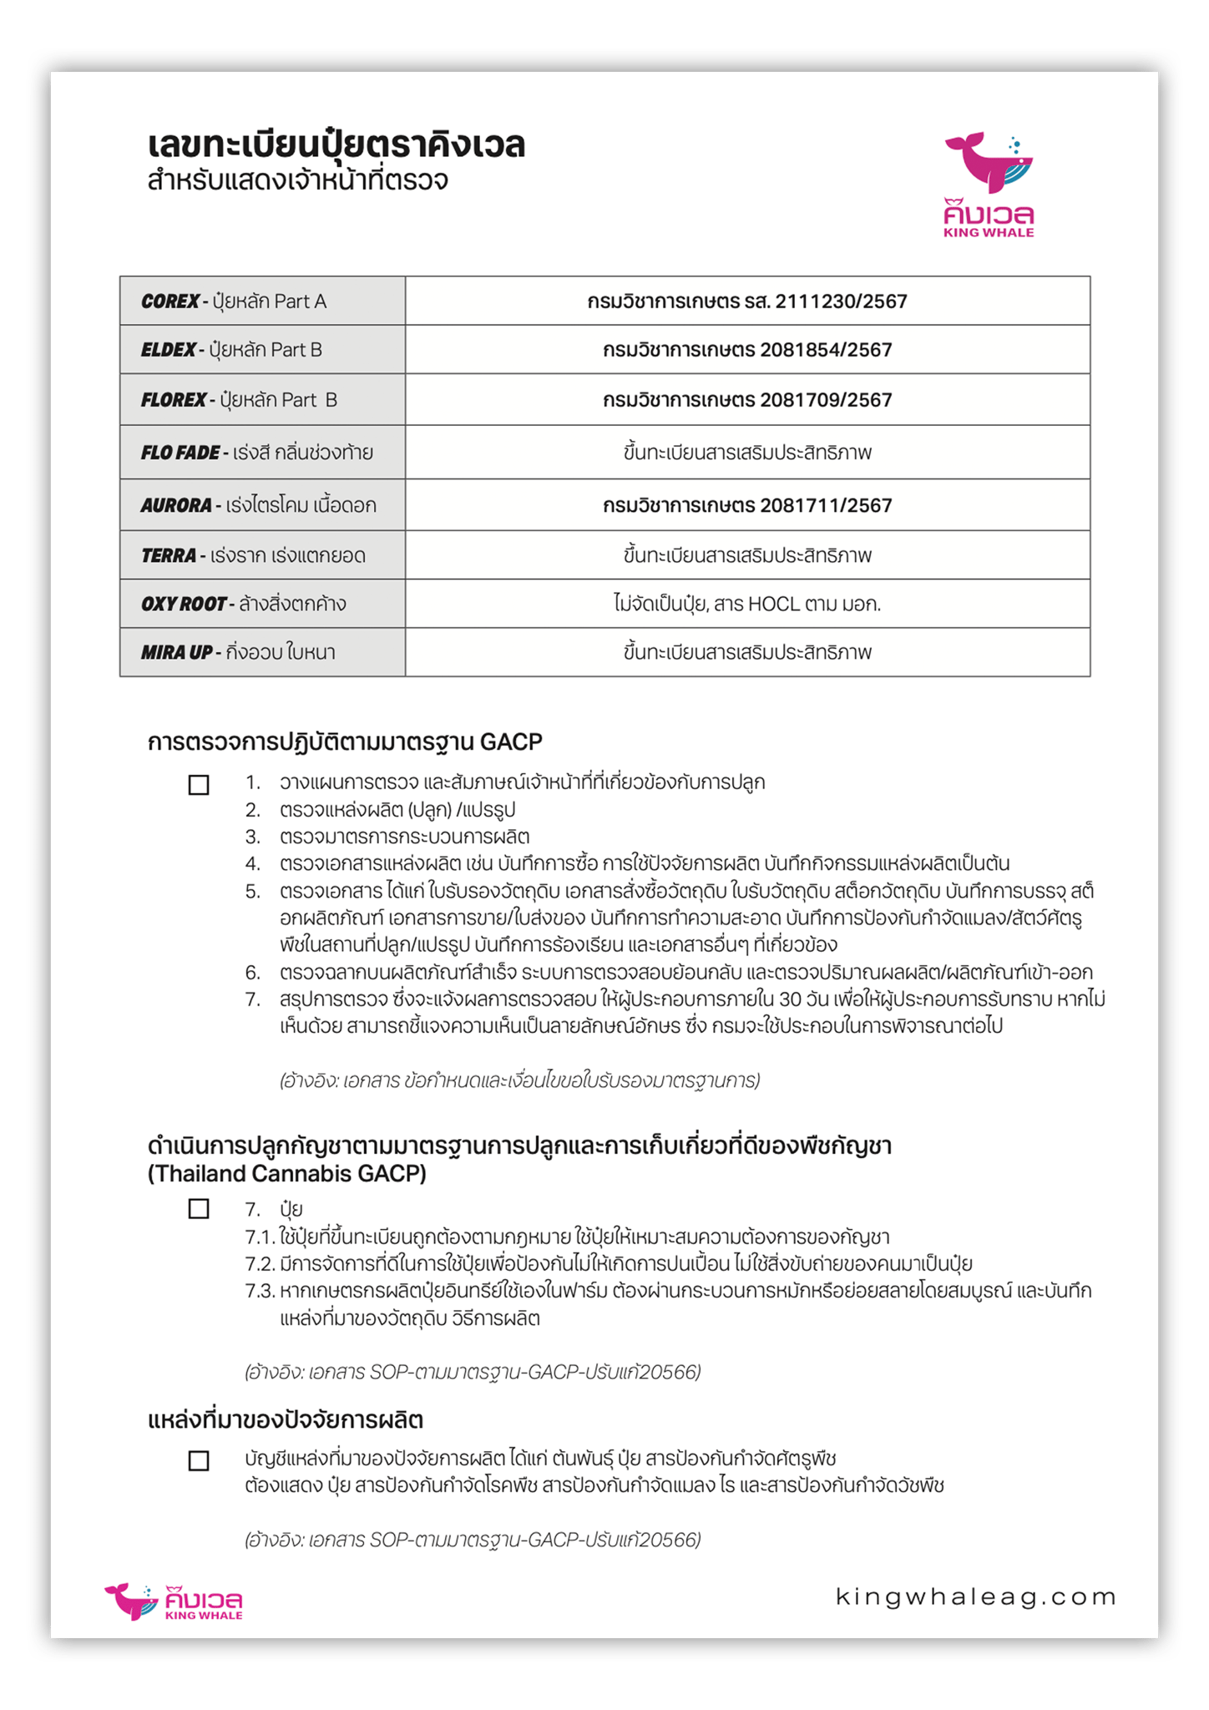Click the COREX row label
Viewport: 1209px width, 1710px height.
coord(170,301)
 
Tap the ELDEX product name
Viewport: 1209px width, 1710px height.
coord(169,350)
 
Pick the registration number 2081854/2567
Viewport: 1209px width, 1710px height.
coord(826,350)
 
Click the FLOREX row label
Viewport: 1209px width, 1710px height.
coord(174,400)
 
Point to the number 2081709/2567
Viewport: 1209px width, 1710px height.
coord(826,400)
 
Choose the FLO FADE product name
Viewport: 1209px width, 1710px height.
coord(180,453)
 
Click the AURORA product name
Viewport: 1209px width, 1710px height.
coord(176,505)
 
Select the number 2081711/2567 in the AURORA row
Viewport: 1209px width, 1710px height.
coord(826,505)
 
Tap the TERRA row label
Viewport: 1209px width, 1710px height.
coord(169,555)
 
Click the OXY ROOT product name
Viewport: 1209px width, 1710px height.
coord(184,604)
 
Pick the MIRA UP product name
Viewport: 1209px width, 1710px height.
coord(176,652)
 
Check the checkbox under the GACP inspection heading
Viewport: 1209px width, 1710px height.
coord(199,785)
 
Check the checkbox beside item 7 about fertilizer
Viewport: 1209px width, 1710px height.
coord(199,1209)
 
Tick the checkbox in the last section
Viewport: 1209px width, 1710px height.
coord(199,1461)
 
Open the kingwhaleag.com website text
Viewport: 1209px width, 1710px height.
coord(976,1596)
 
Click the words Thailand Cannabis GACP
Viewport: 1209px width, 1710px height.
coord(286,1174)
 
